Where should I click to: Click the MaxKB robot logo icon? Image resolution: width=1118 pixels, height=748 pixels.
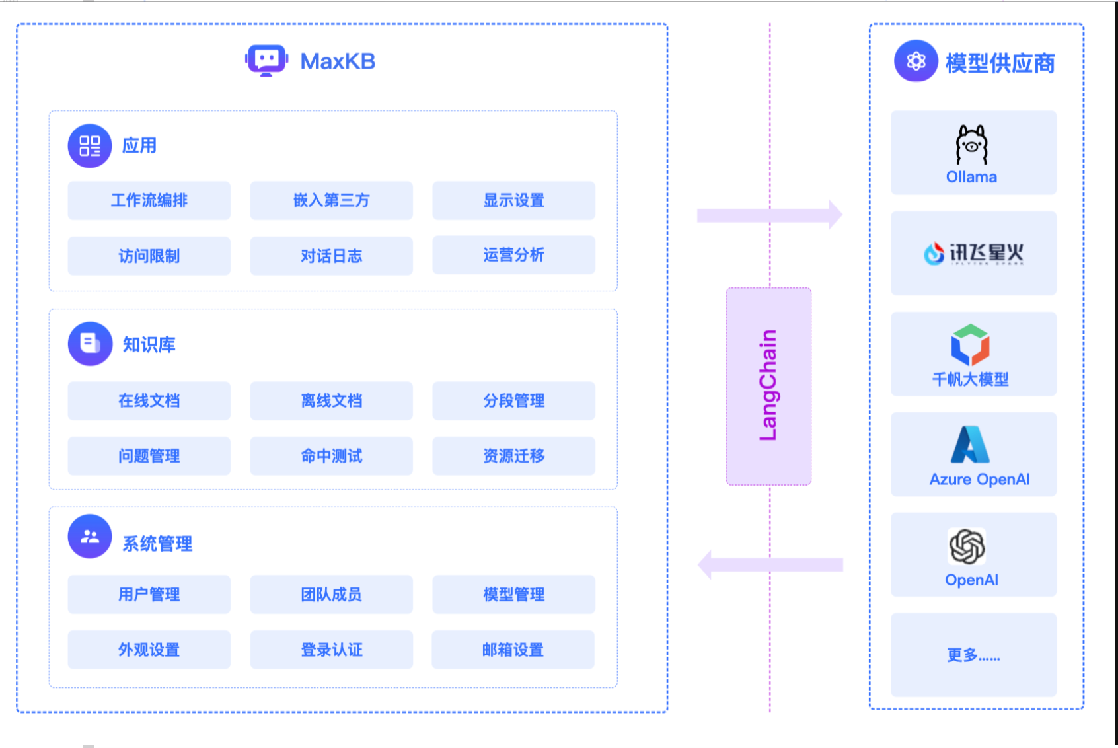tap(266, 61)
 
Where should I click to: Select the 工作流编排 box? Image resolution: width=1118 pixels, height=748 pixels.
tap(149, 200)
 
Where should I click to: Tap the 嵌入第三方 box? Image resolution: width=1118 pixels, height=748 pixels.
tap(331, 200)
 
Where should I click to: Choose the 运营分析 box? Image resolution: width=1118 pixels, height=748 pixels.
tap(513, 255)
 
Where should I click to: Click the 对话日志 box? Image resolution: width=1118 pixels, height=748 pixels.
tap(331, 256)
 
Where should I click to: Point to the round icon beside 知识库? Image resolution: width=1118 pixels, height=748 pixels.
tap(90, 344)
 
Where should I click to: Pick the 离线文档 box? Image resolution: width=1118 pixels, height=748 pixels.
tap(331, 400)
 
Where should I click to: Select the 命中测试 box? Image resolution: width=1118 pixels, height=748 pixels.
tap(331, 456)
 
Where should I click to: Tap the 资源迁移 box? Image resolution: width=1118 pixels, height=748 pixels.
tap(513, 456)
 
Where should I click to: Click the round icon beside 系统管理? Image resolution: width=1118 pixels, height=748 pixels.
tap(90, 537)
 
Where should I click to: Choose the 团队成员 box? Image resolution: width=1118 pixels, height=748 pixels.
tap(331, 595)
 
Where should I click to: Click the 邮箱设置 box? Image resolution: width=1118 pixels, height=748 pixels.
tap(513, 650)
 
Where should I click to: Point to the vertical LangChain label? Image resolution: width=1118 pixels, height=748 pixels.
tap(768, 386)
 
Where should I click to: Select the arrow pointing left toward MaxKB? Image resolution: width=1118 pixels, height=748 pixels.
tap(770, 564)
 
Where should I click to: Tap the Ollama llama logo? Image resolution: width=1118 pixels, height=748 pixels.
tap(971, 145)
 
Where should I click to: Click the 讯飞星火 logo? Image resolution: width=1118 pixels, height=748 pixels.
tap(973, 253)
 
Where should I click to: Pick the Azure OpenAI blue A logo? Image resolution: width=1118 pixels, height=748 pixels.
tap(970, 444)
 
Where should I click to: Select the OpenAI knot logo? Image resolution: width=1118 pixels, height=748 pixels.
tap(967, 546)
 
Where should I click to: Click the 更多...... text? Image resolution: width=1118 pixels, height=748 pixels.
tap(973, 655)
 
